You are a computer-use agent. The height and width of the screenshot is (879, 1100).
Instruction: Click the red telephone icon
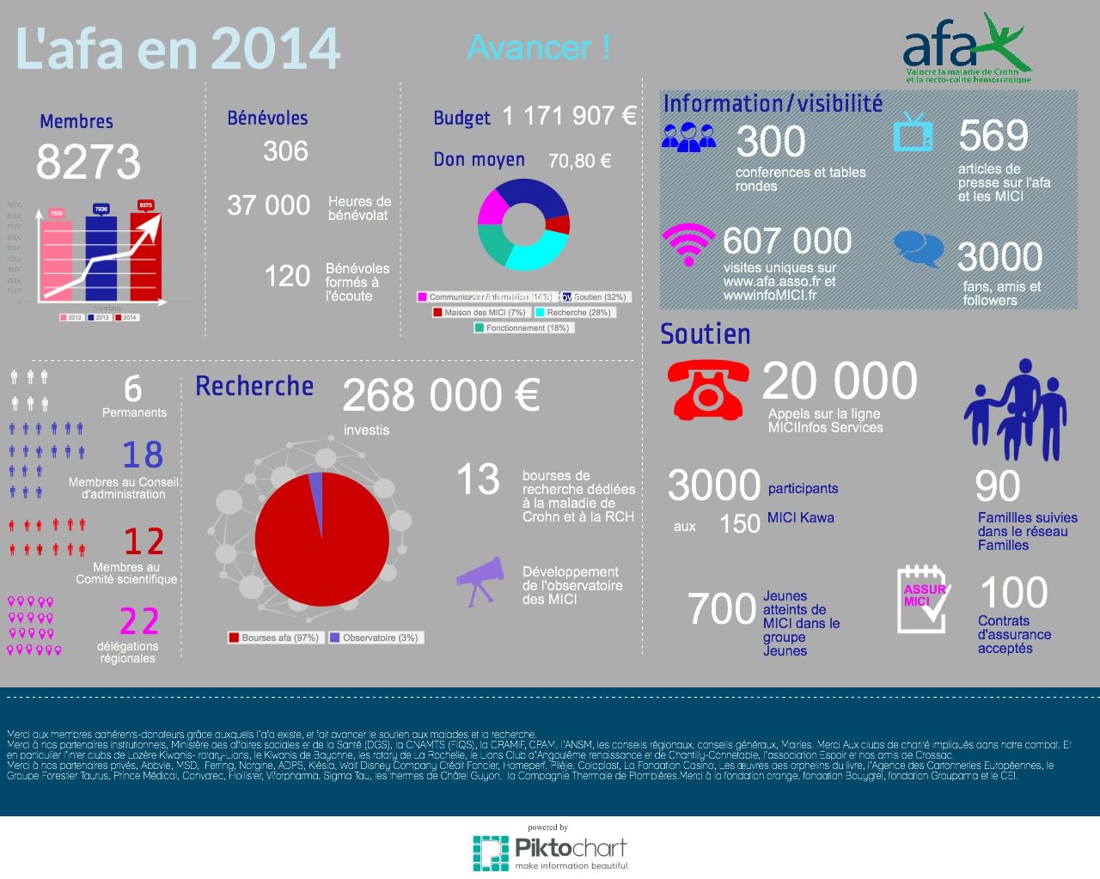[x=706, y=388]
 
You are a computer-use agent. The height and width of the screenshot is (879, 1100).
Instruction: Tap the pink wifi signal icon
[x=687, y=244]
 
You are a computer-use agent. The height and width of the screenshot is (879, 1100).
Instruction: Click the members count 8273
[x=88, y=162]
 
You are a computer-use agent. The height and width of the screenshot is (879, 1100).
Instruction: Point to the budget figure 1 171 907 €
[x=569, y=116]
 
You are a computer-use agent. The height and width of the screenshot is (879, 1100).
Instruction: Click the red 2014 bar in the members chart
[x=145, y=254]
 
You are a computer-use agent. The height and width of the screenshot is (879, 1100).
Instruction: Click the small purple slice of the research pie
[x=315, y=485]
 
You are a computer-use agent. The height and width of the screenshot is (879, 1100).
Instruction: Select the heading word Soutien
[x=705, y=334]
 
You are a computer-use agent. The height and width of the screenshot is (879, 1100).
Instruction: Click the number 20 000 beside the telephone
[x=839, y=381]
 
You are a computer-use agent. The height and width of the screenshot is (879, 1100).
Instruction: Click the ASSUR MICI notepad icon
[x=923, y=599]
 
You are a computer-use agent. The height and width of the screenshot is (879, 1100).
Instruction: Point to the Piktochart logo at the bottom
[x=550, y=852]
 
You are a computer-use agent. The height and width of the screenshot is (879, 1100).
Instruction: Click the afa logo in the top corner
[x=967, y=50]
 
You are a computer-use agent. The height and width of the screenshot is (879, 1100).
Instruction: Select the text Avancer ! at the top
[x=539, y=47]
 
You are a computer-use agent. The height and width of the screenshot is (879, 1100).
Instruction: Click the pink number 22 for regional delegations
[x=139, y=621]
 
